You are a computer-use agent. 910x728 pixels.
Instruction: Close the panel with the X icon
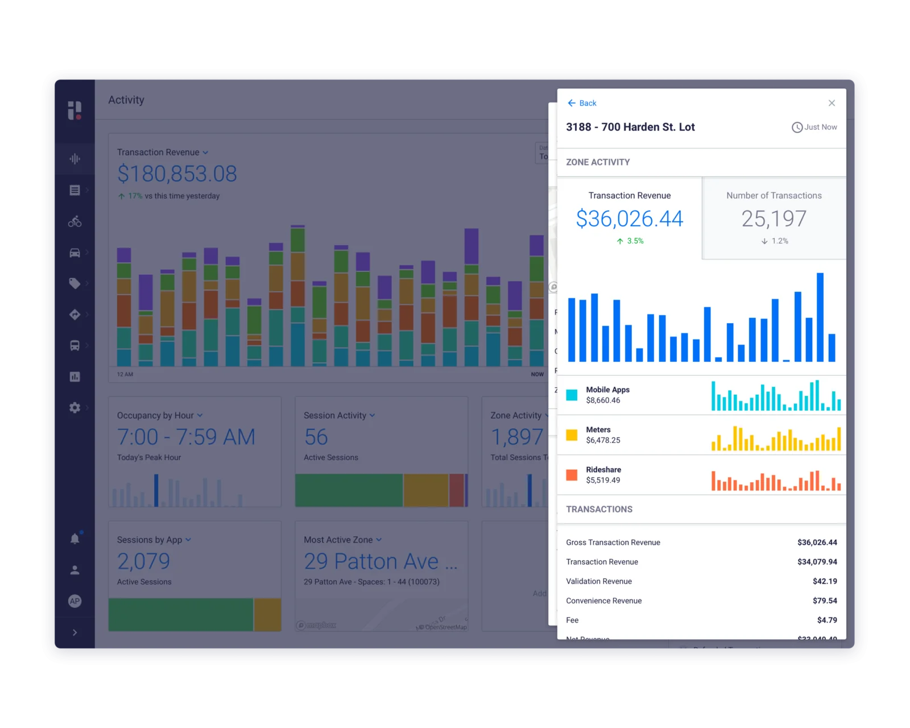(x=832, y=103)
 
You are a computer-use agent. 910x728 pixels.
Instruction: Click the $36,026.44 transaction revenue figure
(x=629, y=219)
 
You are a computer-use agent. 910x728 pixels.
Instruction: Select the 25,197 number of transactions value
(x=773, y=219)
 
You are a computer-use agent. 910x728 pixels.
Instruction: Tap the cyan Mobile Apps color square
(x=572, y=395)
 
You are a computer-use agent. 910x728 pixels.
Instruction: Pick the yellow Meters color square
(x=572, y=435)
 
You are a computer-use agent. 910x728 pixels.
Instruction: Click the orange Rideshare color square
(x=572, y=475)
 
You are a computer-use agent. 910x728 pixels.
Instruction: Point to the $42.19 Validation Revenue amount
(x=824, y=581)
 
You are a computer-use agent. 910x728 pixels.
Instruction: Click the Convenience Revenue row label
(x=603, y=601)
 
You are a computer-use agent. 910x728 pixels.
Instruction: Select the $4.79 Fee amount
(x=826, y=620)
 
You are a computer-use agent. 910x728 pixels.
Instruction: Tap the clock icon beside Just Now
(x=797, y=127)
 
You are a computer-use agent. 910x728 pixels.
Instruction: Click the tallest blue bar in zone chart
(x=820, y=317)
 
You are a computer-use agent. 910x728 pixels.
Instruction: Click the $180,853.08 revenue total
(x=177, y=174)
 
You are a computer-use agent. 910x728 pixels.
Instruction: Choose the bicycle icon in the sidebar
(x=75, y=221)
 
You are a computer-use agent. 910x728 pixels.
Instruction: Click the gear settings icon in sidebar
(x=75, y=408)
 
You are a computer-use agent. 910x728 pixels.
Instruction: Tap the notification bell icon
(x=75, y=539)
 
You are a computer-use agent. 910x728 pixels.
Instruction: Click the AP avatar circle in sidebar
(x=75, y=601)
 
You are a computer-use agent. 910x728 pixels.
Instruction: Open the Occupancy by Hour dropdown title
(x=159, y=416)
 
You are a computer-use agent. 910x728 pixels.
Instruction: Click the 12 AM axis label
(x=125, y=374)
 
